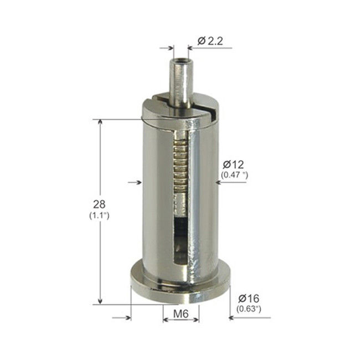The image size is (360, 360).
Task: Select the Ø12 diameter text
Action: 233,164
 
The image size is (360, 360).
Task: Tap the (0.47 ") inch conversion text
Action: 234,175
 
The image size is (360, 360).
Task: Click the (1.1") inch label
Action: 99,215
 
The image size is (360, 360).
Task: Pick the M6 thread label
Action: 182,315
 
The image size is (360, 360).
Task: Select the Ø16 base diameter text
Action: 249,297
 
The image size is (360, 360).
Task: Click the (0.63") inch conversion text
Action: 250,308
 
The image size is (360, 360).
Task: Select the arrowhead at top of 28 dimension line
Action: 100,123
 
